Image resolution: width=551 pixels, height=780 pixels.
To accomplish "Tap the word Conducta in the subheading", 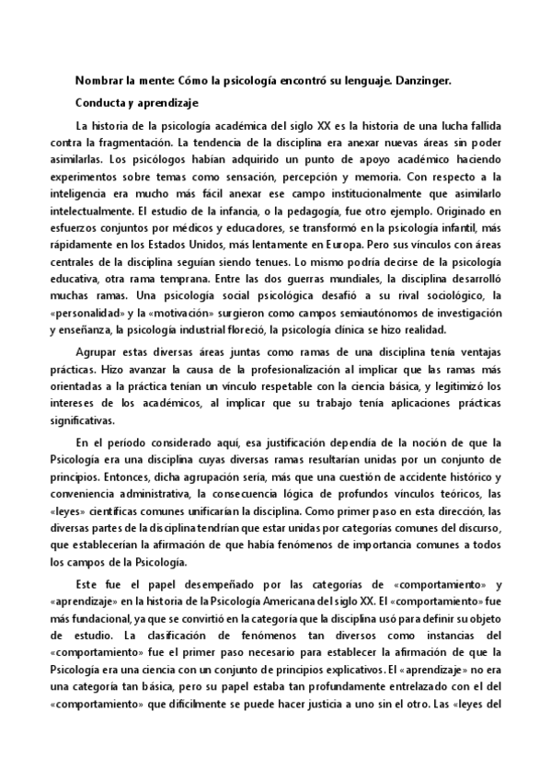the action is pos(99,103).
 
